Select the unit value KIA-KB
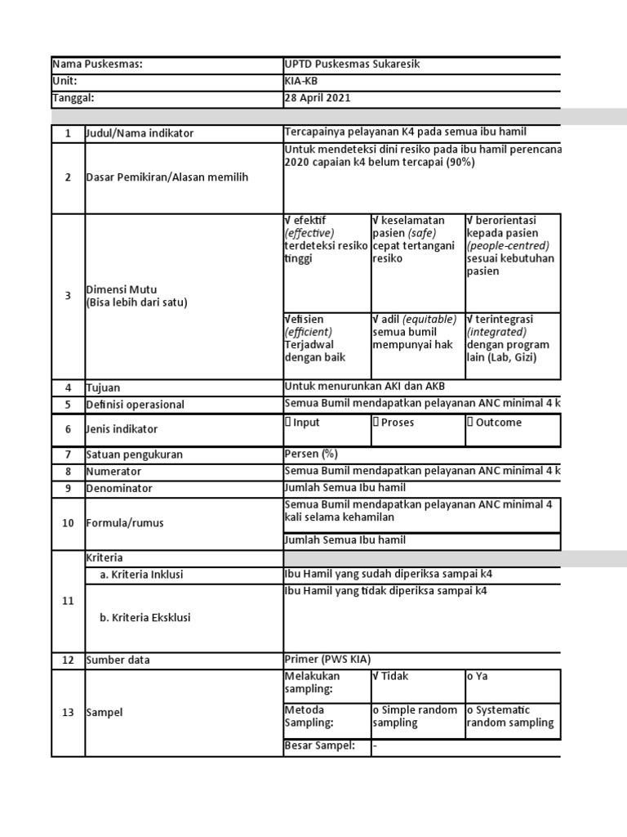coord(302,82)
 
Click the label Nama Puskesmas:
coord(97,65)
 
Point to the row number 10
coord(68,523)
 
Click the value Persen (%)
coord(310,454)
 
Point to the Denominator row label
coord(119,489)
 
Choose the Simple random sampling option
coord(416,716)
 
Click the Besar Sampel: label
coord(319,745)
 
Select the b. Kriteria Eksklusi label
coord(145,618)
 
